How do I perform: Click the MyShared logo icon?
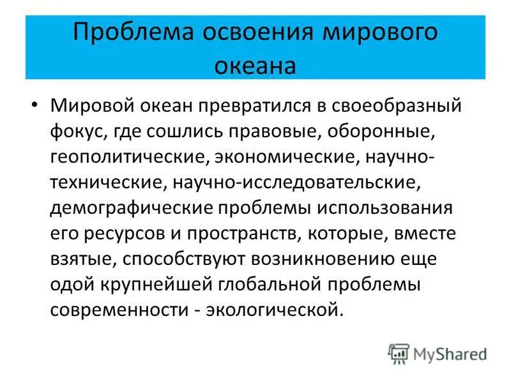[399, 353]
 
